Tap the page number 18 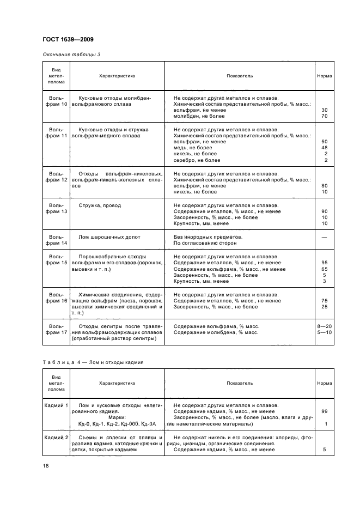45,465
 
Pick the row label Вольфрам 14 57,240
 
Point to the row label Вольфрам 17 57,330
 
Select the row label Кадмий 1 57,405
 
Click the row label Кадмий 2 57,437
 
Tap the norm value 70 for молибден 325,116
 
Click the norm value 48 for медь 325,148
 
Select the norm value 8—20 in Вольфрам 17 325,326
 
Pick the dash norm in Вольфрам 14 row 325,237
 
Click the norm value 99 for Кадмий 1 325,411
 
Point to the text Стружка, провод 100,205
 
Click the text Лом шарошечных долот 109,237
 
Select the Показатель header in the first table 240,76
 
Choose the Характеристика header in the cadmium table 117,383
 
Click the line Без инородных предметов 208,237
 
